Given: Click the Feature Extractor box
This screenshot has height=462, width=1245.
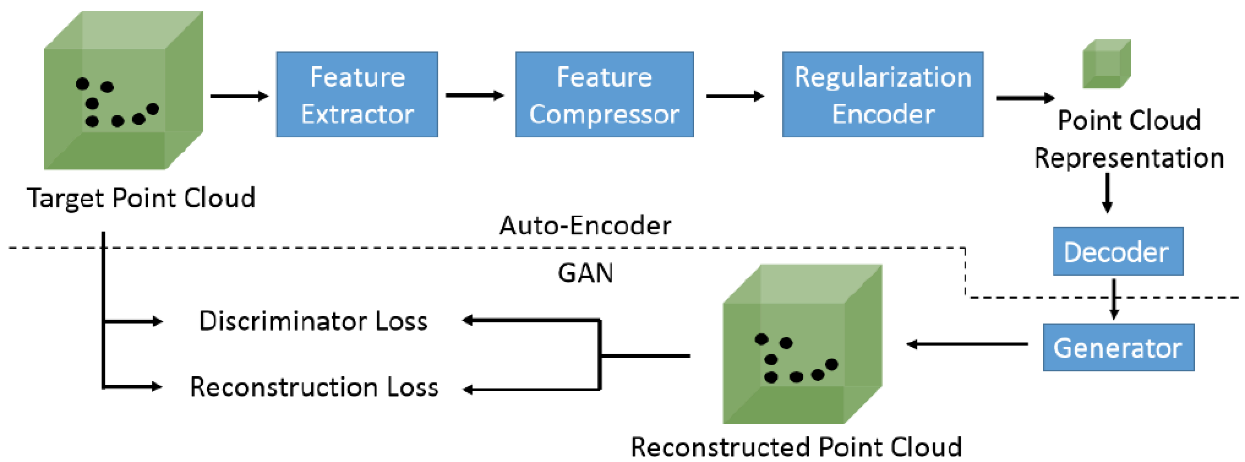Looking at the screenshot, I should click(x=357, y=94).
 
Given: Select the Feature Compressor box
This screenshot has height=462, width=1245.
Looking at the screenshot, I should click(x=604, y=94).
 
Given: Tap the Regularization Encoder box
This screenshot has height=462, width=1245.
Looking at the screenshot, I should click(x=883, y=94).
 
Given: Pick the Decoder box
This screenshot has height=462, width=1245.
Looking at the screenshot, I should click(x=1117, y=251).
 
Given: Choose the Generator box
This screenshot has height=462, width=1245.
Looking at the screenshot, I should click(x=1118, y=347).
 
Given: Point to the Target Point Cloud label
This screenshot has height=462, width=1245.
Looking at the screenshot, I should click(x=141, y=198).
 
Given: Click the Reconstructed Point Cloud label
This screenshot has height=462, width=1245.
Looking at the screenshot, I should click(x=796, y=447).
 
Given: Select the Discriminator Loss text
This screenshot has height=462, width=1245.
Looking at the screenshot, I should click(x=313, y=321).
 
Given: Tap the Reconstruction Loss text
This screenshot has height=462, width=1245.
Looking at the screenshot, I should click(x=314, y=387).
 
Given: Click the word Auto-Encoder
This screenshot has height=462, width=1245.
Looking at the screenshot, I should click(x=585, y=225).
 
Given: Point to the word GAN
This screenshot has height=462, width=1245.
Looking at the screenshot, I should click(x=585, y=273).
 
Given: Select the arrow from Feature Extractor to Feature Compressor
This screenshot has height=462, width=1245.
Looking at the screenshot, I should click(x=475, y=96).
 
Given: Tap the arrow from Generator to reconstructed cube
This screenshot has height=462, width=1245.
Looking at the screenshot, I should click(x=967, y=344).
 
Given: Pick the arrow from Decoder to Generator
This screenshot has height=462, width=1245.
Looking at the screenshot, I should click(x=1114, y=299).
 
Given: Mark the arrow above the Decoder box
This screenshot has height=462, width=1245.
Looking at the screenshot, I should click(x=1107, y=193).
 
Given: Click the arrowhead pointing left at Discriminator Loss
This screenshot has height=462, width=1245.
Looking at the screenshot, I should click(x=469, y=320).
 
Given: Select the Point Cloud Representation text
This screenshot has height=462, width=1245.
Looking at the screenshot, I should click(x=1129, y=139).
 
